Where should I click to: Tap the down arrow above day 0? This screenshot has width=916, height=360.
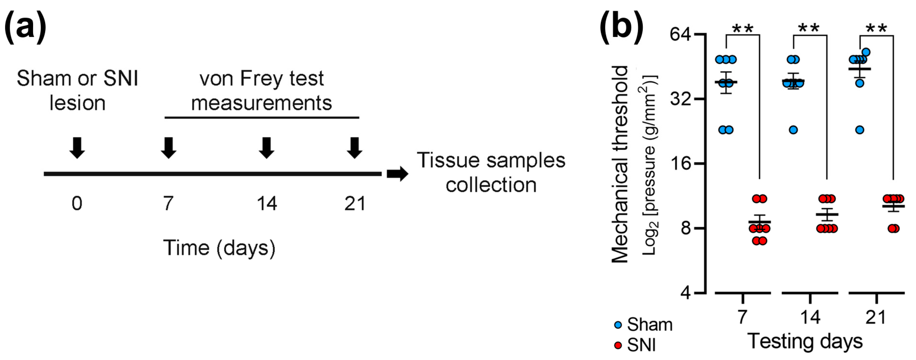pos(77,148)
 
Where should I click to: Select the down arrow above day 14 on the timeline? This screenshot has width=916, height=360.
pos(266,148)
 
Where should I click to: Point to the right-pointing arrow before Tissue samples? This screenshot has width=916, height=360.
pos(397,174)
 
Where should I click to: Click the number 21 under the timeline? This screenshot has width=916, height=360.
pos(355,204)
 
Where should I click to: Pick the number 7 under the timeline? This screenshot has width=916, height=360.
pos(168,204)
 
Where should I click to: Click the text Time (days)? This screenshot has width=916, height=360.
pos(219,248)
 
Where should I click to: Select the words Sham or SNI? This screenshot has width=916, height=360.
pos(77,78)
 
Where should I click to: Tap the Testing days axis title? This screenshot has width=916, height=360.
pos(805,341)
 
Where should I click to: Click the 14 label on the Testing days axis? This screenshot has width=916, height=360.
pos(810,316)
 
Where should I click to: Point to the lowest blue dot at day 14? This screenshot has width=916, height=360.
pos(793,130)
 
